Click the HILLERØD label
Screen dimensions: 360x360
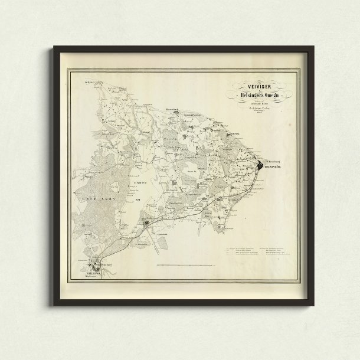[x=88, y=273]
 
